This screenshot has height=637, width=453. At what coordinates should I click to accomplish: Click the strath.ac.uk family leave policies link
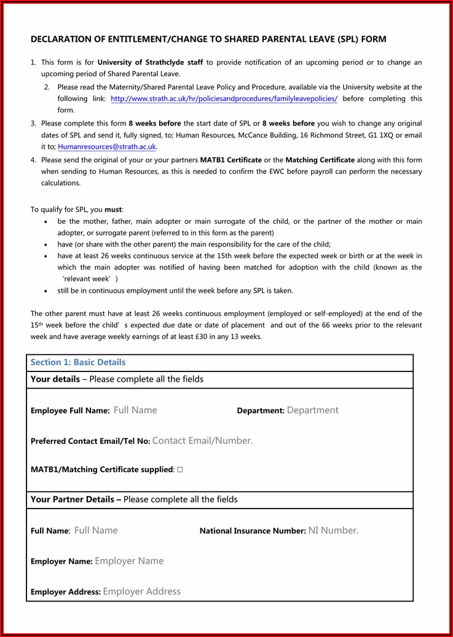pyautogui.click(x=224, y=99)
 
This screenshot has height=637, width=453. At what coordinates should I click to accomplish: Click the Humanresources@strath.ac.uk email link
pyautogui.click(x=107, y=147)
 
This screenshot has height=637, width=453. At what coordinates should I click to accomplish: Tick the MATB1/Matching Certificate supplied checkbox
pyautogui.click(x=180, y=470)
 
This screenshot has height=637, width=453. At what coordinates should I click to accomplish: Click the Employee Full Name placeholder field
pyautogui.click(x=135, y=410)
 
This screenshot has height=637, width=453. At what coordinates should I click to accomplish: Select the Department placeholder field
pyautogui.click(x=312, y=410)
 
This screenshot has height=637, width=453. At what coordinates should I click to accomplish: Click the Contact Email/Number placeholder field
pyautogui.click(x=202, y=440)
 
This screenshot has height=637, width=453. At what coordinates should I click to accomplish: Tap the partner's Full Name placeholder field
pyautogui.click(x=96, y=530)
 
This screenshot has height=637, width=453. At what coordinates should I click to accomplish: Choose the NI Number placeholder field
pyautogui.click(x=333, y=530)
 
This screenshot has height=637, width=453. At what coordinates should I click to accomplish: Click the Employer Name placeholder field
pyautogui.click(x=129, y=561)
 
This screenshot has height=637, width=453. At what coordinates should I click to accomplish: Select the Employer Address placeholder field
pyautogui.click(x=142, y=591)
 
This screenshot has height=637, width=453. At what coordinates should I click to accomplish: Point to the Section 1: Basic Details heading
pyautogui.click(x=78, y=362)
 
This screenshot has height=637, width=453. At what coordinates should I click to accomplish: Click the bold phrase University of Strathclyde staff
pyautogui.click(x=150, y=63)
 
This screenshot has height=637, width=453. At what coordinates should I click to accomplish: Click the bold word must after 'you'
pyautogui.click(x=113, y=210)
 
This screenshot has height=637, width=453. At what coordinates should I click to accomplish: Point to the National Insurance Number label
pyautogui.click(x=252, y=531)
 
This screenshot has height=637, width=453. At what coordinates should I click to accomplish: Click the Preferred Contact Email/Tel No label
pyautogui.click(x=90, y=441)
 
